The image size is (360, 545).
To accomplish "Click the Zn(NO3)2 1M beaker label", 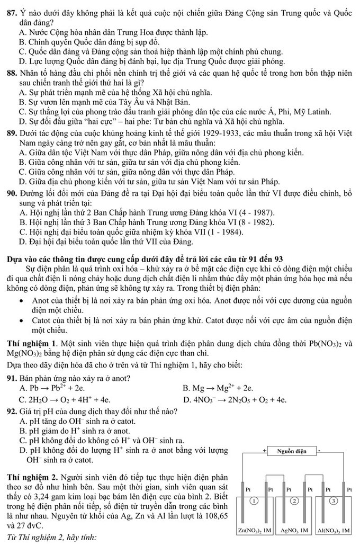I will [x=256, y=530].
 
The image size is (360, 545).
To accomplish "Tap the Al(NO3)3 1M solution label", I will [x=334, y=530].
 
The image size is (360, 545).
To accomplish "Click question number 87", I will [x=9, y=5].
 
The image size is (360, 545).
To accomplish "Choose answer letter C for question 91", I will [x=22, y=399].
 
